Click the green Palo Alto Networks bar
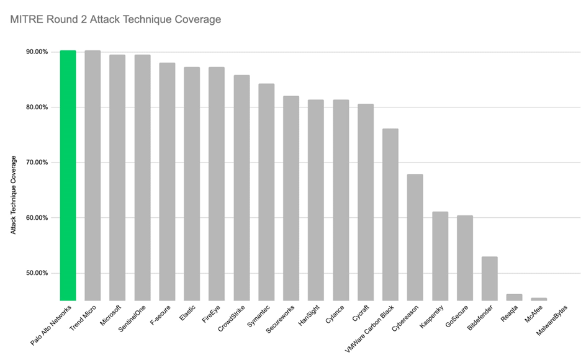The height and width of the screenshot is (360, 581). pyautogui.click(x=68, y=175)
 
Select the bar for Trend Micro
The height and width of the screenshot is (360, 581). pyautogui.click(x=92, y=175)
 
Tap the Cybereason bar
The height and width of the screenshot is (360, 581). pyautogui.click(x=415, y=237)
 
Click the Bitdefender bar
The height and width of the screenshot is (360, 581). pyautogui.click(x=490, y=278)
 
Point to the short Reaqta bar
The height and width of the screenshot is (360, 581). pyautogui.click(x=515, y=297)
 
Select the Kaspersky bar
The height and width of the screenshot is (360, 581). pyautogui.click(x=440, y=256)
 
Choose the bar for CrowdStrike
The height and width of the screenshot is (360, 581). pyautogui.click(x=241, y=187)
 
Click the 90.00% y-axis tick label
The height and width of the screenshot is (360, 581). pyautogui.click(x=37, y=52)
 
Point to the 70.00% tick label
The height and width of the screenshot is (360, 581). pyautogui.click(x=37, y=163)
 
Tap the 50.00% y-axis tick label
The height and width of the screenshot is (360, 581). pyautogui.click(x=37, y=273)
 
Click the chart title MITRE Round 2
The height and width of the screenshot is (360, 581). pyautogui.click(x=115, y=20)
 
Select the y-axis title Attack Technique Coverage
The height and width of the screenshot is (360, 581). pyautogui.click(x=13, y=194)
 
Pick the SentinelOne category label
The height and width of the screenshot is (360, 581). pyautogui.click(x=133, y=318)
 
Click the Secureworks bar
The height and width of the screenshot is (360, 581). pyautogui.click(x=291, y=198)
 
